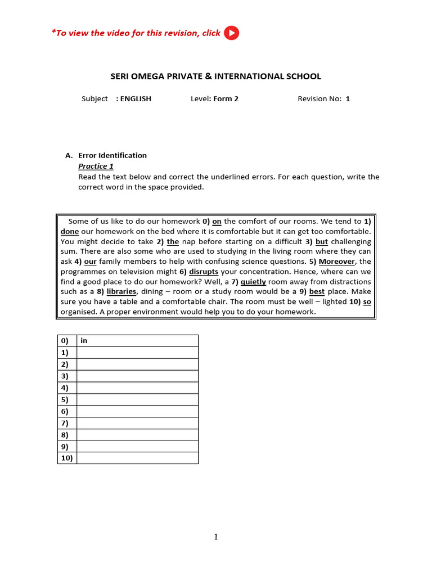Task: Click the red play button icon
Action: click(231, 33)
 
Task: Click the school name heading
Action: click(214, 76)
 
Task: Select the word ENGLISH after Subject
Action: click(136, 99)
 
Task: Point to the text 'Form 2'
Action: click(226, 99)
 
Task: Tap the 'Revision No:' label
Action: click(319, 99)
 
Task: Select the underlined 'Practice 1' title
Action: click(96, 166)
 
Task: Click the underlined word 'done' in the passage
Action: click(70, 232)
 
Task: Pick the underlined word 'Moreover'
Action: click(337, 262)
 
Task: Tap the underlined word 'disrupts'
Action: click(204, 272)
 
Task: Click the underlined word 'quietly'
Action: click(253, 282)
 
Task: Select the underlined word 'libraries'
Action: click(121, 292)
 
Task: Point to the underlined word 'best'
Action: click(317, 292)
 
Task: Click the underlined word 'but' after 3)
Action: click(322, 242)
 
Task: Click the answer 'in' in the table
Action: click(84, 341)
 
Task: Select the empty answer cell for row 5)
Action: click(137, 399)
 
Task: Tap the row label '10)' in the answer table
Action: click(67, 458)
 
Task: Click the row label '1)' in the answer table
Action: click(65, 353)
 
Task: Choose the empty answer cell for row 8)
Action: click(137, 435)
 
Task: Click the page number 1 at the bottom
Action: click(216, 537)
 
